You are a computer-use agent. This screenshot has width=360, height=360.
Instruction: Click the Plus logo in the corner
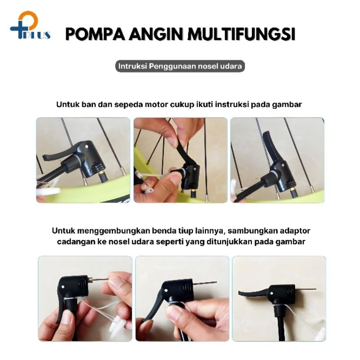coord(30,26)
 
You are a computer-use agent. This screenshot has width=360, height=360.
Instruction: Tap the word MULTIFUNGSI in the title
coord(241,34)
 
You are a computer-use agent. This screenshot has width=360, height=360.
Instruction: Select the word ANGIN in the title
coord(156,34)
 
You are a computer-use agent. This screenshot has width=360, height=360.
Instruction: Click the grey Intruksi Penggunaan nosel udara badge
coord(180,66)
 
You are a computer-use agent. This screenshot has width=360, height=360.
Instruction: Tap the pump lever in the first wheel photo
coord(60,154)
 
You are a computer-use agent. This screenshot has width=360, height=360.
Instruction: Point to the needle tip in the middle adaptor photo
coord(216,282)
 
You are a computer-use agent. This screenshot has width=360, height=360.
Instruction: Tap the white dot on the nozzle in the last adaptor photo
coord(272,293)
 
